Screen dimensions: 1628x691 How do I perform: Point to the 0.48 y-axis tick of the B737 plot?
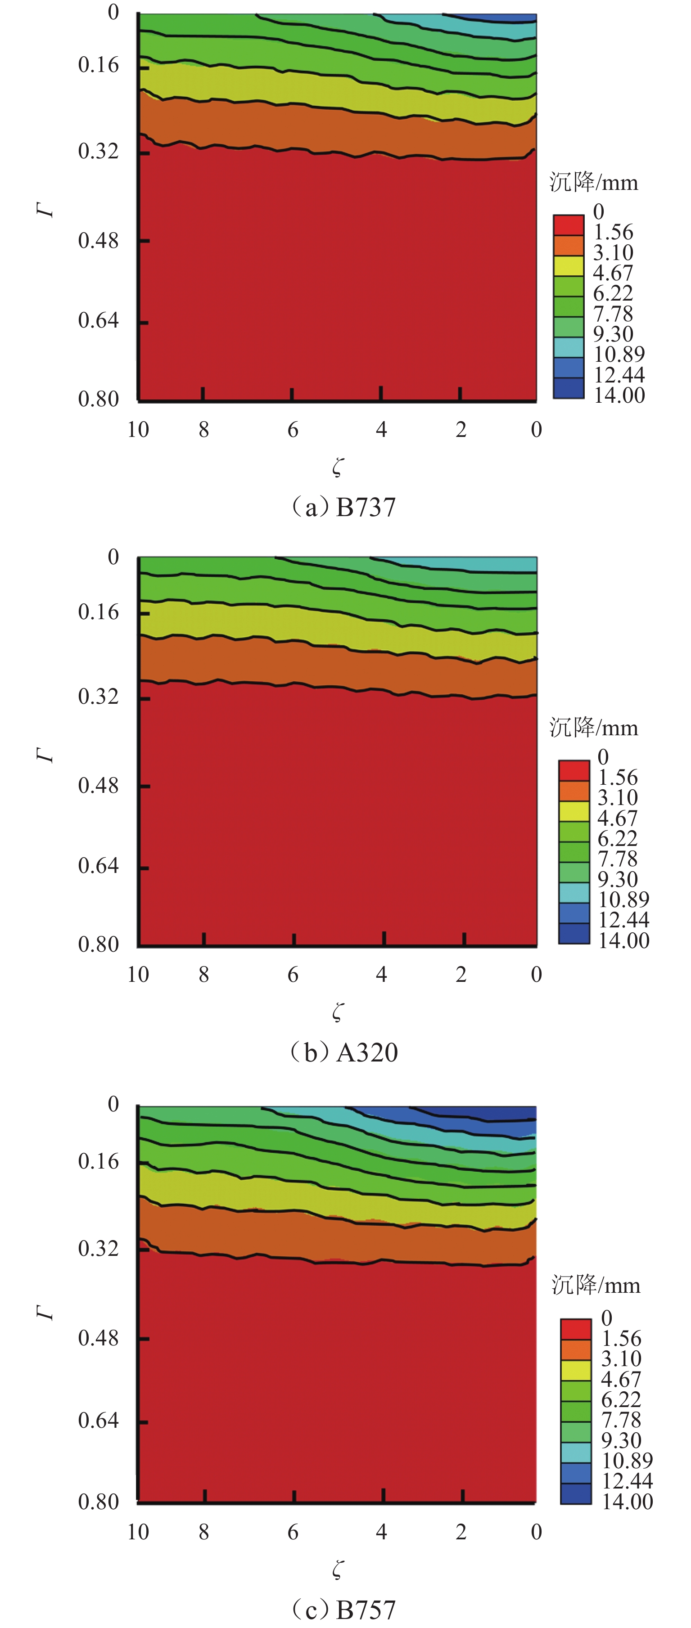point(98,241)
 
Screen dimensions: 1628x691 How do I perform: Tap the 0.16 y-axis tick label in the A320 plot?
point(98,612)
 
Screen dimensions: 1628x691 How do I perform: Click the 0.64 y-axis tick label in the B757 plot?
point(98,1421)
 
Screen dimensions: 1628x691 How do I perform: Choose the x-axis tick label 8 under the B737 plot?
point(203,430)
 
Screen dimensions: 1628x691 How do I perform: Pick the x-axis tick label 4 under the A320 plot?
point(381,975)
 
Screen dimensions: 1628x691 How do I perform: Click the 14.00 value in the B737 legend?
point(619,396)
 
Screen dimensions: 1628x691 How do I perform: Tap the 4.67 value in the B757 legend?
point(621,1379)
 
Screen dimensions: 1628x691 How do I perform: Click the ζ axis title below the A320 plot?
point(338,1012)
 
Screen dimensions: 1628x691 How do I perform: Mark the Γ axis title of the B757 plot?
point(45,1313)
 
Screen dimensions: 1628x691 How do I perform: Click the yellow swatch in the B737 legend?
point(569,265)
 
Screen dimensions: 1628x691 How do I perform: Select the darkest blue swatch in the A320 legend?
point(574,934)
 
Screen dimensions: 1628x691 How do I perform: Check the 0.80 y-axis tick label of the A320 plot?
point(98,944)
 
